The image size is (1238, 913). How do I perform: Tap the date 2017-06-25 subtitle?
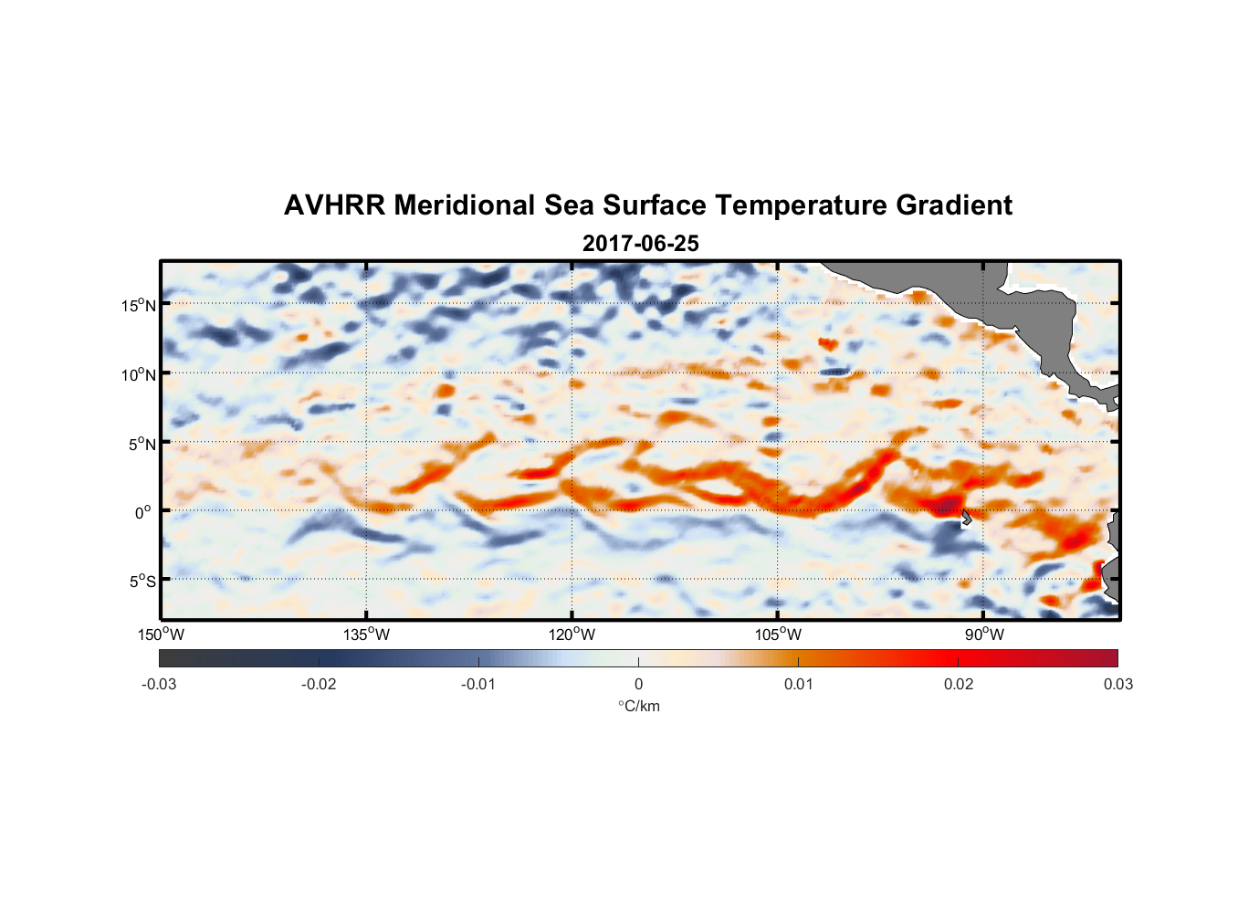click(x=641, y=244)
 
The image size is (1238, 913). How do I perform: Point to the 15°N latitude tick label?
click(x=138, y=305)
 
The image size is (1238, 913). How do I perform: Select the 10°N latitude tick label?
click(x=138, y=374)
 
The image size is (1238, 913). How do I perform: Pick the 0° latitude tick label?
click(x=143, y=512)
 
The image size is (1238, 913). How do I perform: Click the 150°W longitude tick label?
click(x=161, y=635)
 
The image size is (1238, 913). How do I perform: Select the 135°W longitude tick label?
click(x=366, y=635)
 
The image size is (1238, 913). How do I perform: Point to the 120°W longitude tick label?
click(x=572, y=635)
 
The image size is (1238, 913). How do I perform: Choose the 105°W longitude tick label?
click(x=778, y=635)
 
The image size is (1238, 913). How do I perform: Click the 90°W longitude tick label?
click(x=983, y=635)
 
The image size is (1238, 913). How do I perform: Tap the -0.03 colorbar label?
click(x=159, y=684)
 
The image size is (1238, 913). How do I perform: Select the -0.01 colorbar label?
click(x=478, y=684)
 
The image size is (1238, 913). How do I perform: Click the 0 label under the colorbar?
click(x=638, y=684)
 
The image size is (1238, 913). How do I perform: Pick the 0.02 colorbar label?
click(x=959, y=684)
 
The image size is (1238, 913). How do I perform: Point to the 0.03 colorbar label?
click(x=1117, y=684)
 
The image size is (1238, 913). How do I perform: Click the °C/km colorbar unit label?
click(x=638, y=706)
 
